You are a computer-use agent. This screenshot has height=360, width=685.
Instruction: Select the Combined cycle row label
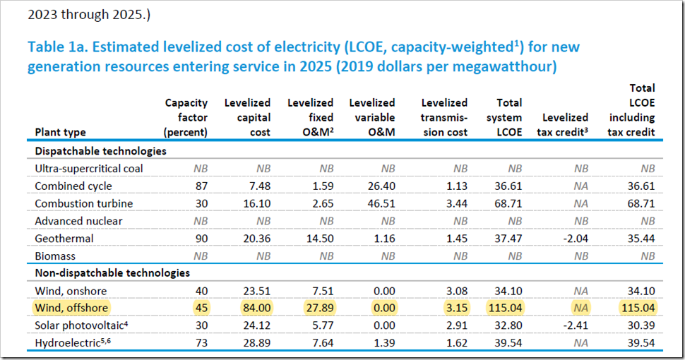[73, 186]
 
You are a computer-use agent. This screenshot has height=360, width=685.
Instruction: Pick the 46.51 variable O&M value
[381, 203]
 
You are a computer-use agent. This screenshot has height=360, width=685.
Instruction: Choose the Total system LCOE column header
[504, 118]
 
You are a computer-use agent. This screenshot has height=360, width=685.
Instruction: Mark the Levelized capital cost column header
[248, 118]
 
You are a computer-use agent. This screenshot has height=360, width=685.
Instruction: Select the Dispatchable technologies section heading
[100, 151]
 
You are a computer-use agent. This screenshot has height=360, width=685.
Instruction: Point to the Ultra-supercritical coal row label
[88, 169]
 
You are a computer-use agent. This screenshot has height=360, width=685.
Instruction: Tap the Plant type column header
[60, 132]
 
